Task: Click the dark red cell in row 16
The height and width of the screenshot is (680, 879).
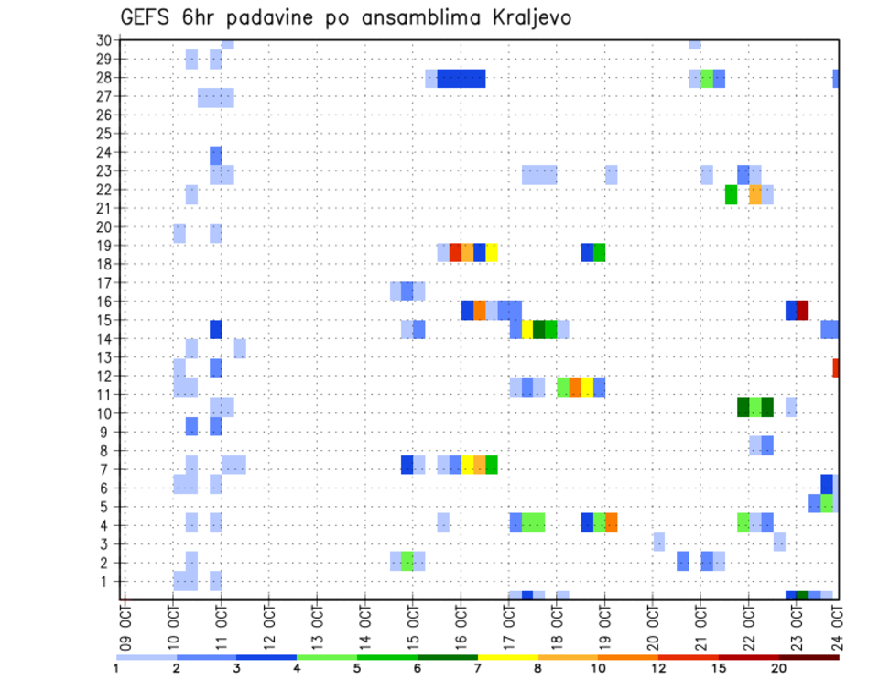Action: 802,310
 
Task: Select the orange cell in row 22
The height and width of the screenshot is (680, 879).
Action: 754,194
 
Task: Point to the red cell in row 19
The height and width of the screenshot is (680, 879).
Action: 455,252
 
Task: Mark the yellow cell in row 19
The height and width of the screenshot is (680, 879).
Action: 492,252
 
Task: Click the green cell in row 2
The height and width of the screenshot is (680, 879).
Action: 407,561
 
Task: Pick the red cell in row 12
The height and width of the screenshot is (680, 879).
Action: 836,367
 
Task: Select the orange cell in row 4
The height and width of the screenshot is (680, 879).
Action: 611,522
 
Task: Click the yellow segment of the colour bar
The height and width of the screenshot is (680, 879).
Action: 507,657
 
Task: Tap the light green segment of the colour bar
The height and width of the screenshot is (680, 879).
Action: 327,657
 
